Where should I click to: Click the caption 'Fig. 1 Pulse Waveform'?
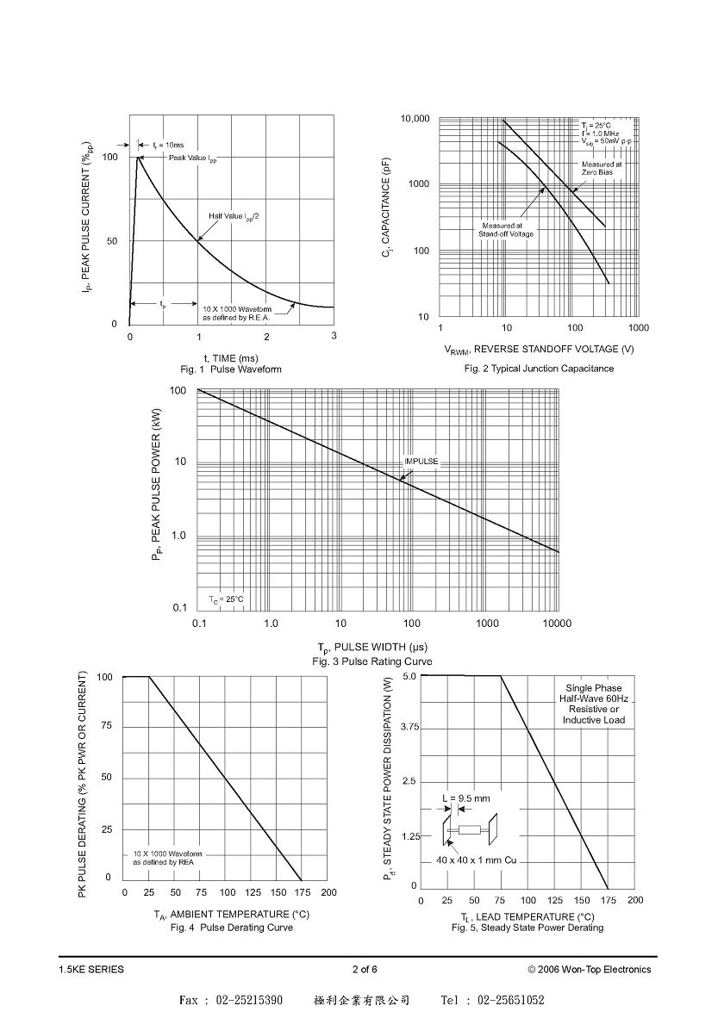(231, 369)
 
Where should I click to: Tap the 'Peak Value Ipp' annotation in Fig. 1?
(193, 158)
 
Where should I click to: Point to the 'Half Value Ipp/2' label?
(234, 216)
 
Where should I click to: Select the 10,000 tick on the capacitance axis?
(415, 119)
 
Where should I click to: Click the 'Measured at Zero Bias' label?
(597, 169)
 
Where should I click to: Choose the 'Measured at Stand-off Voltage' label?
(506, 230)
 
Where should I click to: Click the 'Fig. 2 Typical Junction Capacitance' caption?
(539, 369)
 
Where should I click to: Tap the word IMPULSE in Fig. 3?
(421, 462)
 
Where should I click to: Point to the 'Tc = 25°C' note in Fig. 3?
(226, 599)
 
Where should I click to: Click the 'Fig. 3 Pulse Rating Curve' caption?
(371, 661)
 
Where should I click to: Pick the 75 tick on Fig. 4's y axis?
(106, 726)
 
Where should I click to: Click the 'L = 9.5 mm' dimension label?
(466, 798)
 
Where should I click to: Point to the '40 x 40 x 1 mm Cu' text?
(477, 860)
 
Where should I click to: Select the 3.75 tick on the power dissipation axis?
(409, 728)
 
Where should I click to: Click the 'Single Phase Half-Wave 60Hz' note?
(594, 693)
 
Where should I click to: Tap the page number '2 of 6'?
(365, 969)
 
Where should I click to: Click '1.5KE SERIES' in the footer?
(91, 969)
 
